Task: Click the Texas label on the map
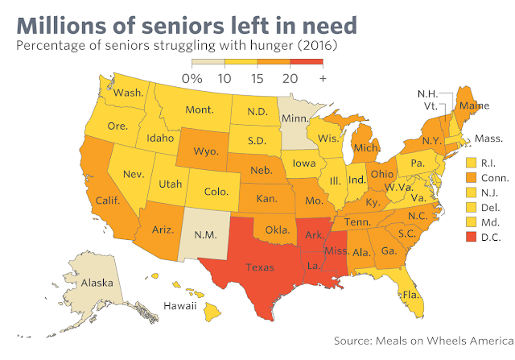[x=259, y=267]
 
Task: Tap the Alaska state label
[x=97, y=283]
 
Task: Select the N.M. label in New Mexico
[x=205, y=234]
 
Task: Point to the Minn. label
[x=295, y=118]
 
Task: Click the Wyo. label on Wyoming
[x=206, y=151]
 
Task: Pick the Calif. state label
[x=108, y=201]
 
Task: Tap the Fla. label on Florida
[x=411, y=295]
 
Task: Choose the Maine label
[x=474, y=106]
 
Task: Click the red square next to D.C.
[x=471, y=237]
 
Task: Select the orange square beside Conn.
[x=471, y=178]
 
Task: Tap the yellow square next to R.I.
[x=471, y=163]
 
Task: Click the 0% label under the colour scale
[x=192, y=79]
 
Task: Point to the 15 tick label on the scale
[x=257, y=79]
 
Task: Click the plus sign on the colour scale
[x=323, y=79]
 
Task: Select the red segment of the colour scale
[x=307, y=62]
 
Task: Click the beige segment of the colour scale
[x=208, y=62]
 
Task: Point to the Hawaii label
[x=180, y=306]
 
